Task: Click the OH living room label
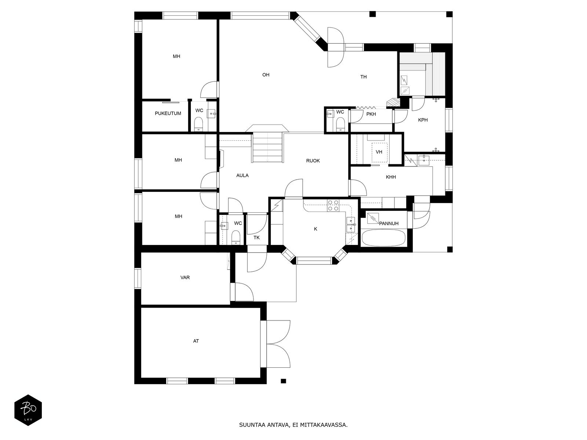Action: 266,75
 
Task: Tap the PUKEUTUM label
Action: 168,113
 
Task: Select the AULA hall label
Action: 242,176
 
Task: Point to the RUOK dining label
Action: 313,161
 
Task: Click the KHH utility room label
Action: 391,177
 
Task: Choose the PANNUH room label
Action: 389,223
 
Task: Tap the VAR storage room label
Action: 185,278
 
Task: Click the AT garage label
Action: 196,341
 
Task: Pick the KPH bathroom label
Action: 423,120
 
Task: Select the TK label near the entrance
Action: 256,238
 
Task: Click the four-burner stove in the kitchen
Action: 333,205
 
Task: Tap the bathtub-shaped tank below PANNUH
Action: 383,238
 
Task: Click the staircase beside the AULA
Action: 267,147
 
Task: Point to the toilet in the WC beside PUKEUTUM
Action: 198,124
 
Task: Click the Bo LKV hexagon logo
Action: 28,410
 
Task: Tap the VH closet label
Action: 379,152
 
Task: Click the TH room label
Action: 364,77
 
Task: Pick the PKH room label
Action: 371,114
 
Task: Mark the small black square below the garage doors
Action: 284,381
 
